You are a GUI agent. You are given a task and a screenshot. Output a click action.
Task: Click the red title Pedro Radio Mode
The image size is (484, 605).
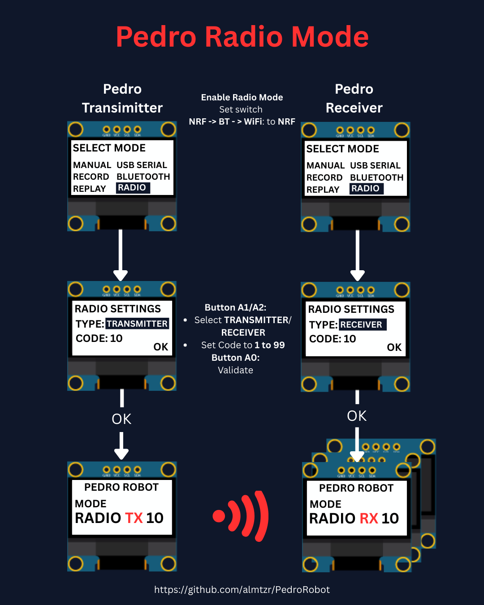coord(242,37)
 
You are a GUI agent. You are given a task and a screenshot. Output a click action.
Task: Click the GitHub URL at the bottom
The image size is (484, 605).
coord(242,590)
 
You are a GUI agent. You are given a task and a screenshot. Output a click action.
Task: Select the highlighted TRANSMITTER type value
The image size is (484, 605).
coord(137,324)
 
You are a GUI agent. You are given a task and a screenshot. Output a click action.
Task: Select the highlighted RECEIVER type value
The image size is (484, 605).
coord(362,324)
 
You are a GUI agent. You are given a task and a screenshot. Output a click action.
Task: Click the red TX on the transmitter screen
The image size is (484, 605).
coord(134,518)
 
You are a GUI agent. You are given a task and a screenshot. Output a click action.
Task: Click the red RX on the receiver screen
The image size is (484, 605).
coord(369,519)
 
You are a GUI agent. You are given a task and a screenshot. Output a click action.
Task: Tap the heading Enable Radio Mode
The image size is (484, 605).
coord(242,97)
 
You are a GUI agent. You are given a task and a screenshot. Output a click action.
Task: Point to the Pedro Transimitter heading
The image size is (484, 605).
coord(122,99)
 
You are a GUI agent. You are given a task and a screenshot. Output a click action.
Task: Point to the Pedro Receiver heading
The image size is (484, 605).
coord(354,99)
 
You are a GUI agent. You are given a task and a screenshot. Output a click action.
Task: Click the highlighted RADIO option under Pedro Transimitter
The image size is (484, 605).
coord(132,188)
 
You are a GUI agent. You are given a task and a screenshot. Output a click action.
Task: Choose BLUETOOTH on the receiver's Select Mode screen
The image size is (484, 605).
coord(376,177)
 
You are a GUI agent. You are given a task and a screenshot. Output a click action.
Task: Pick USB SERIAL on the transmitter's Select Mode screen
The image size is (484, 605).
coord(142,165)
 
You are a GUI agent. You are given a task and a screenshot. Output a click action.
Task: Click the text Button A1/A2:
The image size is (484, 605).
coord(235,307)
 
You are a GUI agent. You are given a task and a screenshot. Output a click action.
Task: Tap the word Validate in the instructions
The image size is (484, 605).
coord(235,370)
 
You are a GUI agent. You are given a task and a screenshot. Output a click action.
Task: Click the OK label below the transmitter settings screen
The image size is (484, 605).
coord(121,419)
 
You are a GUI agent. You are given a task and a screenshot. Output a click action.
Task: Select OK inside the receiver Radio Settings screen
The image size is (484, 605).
coord(394,347)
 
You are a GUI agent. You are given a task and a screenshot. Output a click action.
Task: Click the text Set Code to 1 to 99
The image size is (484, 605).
coord(243,345)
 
